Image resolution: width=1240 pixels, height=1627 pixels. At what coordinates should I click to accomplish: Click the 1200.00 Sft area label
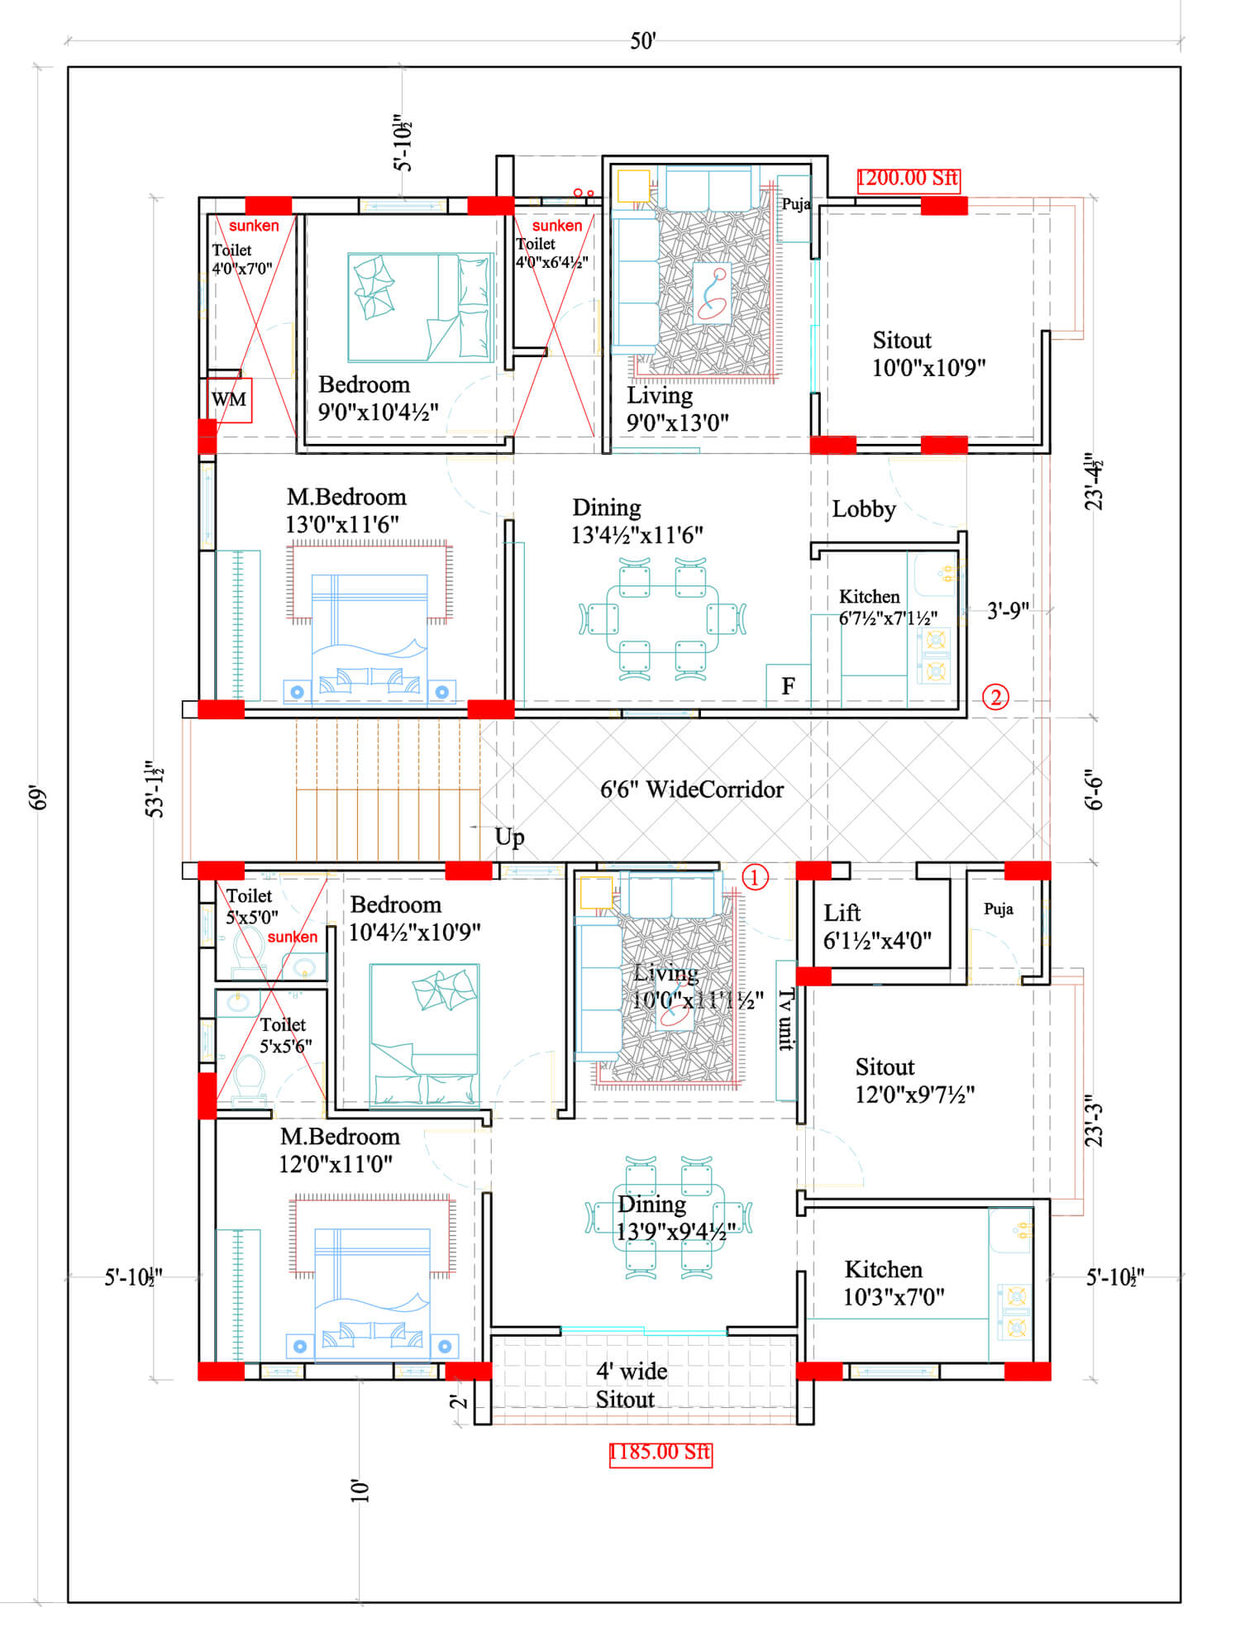[x=908, y=179]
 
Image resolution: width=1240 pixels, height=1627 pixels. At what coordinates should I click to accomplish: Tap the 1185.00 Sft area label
[x=660, y=1453]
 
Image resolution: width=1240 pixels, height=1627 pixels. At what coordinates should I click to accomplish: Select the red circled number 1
[x=755, y=877]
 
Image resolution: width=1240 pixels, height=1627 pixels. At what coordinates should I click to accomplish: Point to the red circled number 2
[x=995, y=697]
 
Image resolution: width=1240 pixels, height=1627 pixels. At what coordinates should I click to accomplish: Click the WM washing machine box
[x=229, y=400]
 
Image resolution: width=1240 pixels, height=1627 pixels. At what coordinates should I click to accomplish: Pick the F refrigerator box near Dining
[x=788, y=685]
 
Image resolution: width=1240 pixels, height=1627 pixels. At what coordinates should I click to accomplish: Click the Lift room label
[x=876, y=926]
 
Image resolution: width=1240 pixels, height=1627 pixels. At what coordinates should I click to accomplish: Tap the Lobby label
[x=863, y=509]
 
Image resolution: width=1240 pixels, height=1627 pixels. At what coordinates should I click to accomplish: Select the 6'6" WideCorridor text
[x=691, y=790]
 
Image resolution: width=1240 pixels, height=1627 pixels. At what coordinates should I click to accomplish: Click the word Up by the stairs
[x=509, y=837]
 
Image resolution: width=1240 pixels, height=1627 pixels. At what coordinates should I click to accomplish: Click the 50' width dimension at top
[x=642, y=41]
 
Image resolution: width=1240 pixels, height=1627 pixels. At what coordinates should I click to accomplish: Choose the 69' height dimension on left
[x=38, y=798]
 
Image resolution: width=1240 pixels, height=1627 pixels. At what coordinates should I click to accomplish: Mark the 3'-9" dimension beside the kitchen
[x=1008, y=611]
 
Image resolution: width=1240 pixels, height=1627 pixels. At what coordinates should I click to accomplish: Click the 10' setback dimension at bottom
[x=360, y=1491]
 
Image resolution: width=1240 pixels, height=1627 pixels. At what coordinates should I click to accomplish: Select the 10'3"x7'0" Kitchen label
[x=893, y=1283]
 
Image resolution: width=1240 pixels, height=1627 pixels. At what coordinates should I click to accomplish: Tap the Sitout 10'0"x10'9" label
[x=928, y=354]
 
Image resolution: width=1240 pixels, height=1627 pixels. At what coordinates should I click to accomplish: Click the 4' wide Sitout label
[x=631, y=1386]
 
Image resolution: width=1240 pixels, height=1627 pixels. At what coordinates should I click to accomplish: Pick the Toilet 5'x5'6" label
[x=285, y=1035]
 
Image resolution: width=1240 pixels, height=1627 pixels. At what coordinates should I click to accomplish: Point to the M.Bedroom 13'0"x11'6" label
[x=346, y=510]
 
